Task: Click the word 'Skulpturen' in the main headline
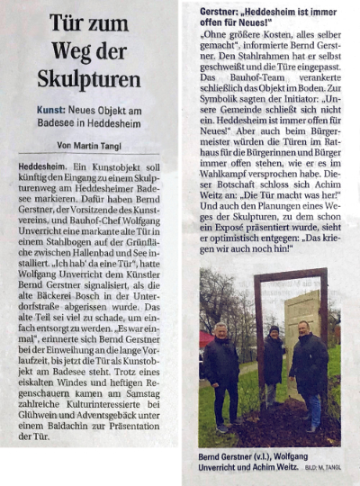point(88,78)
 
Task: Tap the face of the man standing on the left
point(222,329)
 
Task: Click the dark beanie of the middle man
point(274,329)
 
